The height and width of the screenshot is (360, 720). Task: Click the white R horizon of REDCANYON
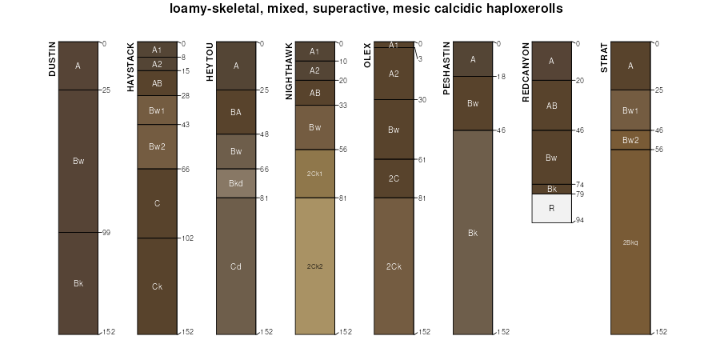[x=551, y=208]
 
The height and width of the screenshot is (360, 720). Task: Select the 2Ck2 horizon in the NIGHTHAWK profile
[x=314, y=266]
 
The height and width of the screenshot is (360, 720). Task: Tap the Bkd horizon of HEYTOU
[x=236, y=183]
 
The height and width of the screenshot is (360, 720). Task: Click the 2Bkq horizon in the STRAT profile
[x=630, y=241]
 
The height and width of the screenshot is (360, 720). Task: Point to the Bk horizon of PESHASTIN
[x=473, y=233]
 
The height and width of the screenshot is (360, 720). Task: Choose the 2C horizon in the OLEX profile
[x=394, y=178]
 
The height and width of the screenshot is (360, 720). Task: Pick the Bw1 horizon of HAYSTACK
[x=157, y=110]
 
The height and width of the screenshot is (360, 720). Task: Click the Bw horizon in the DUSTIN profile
[x=78, y=161]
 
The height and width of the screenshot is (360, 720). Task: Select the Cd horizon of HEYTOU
[x=236, y=266]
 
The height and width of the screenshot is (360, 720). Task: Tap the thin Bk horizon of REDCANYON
[x=551, y=190]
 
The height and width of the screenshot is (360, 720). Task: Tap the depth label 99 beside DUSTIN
[x=106, y=232]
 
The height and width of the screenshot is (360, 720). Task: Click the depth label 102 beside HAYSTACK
[x=187, y=238]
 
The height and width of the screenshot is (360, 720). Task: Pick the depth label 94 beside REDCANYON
[x=580, y=219]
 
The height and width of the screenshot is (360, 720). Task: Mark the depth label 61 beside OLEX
[x=422, y=159]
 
